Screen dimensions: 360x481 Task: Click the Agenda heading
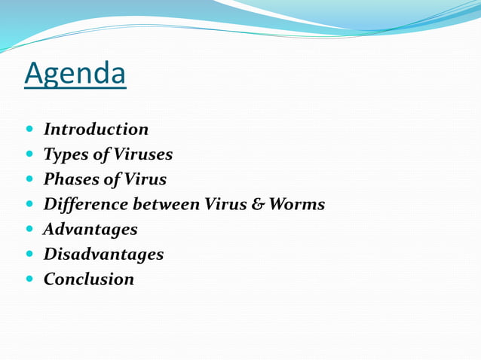coord(75,74)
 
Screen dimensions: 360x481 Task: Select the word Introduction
coord(96,130)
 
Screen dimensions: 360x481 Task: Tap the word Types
coord(64,154)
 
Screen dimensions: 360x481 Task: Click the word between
coord(161,204)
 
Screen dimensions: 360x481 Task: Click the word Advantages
coord(90,229)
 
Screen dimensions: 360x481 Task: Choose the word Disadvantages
coord(103,254)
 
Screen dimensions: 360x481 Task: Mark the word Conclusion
coord(89,279)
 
